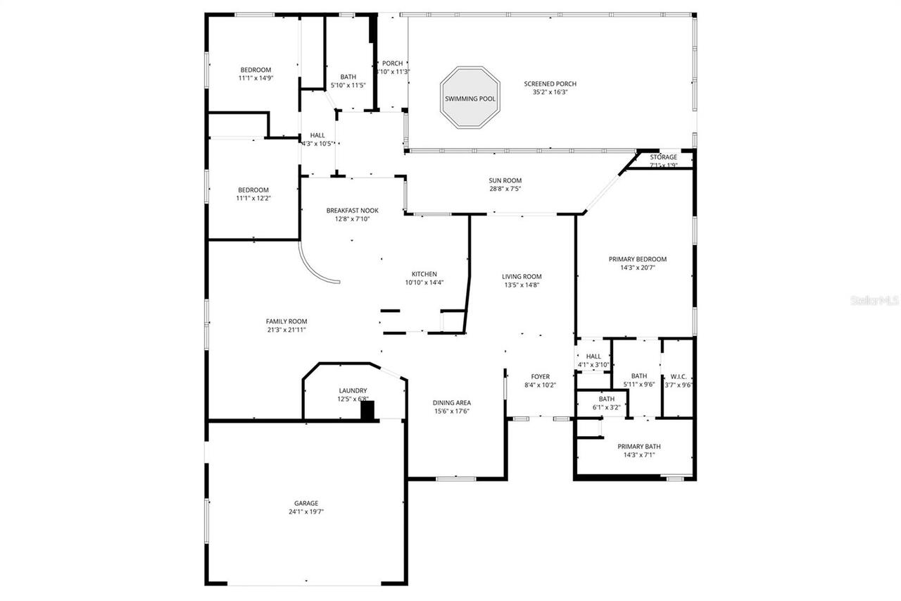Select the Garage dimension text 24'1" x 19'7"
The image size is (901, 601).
click(306, 512)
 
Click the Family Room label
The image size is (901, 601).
click(286, 321)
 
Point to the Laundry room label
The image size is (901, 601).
click(353, 390)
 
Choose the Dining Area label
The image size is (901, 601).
click(451, 403)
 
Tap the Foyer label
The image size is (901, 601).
click(540, 377)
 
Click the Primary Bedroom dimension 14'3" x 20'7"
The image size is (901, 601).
click(637, 268)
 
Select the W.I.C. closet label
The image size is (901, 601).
click(679, 376)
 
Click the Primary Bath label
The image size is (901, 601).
click(638, 446)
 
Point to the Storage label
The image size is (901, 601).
click(663, 157)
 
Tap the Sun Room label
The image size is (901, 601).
click(505, 180)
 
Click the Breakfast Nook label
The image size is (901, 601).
click(352, 211)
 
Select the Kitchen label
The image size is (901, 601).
click(424, 274)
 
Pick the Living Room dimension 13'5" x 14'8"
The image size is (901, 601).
click(522, 285)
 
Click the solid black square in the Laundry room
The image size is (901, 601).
click(367, 411)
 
